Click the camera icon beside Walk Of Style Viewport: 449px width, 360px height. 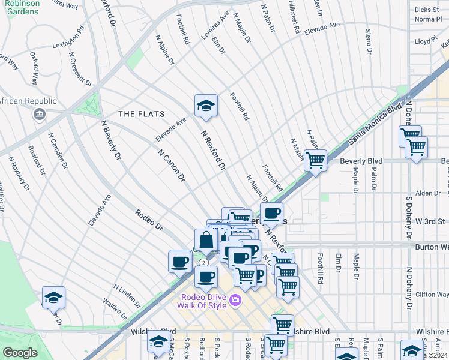coord(235,300)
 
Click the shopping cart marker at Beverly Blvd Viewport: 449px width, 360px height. coord(315,161)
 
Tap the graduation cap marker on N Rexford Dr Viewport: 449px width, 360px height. coord(205,106)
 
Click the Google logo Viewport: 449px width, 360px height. coord(20,352)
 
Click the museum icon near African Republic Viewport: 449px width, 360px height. coord(40,114)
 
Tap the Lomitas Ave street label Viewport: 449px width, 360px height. coord(215,25)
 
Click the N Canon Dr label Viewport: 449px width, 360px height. coord(172,166)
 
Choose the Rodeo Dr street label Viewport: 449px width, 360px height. coord(149,220)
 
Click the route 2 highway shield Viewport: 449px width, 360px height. coord(205,263)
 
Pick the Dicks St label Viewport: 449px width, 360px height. coord(427,10)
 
